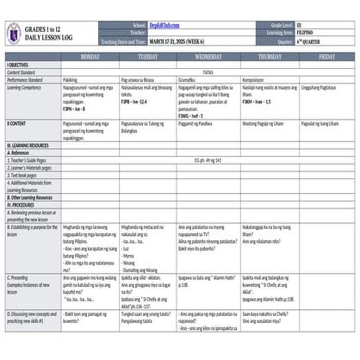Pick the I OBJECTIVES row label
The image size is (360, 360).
[19, 65]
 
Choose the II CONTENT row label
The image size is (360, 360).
[16, 124]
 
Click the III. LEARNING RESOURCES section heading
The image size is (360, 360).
[29, 146]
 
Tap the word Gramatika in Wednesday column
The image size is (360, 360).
[189, 78]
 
